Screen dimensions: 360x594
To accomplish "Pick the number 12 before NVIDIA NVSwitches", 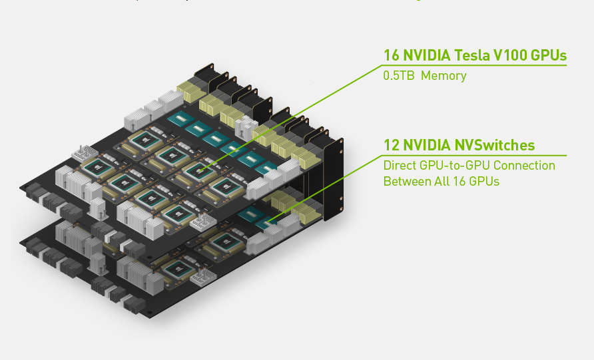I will click(x=391, y=145).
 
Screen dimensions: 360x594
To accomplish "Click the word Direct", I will click(x=398, y=165).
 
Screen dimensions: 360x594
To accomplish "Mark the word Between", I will click(x=404, y=181).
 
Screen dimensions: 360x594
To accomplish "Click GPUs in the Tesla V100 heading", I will click(x=548, y=55).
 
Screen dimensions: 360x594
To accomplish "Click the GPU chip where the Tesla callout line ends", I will click(x=196, y=171).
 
